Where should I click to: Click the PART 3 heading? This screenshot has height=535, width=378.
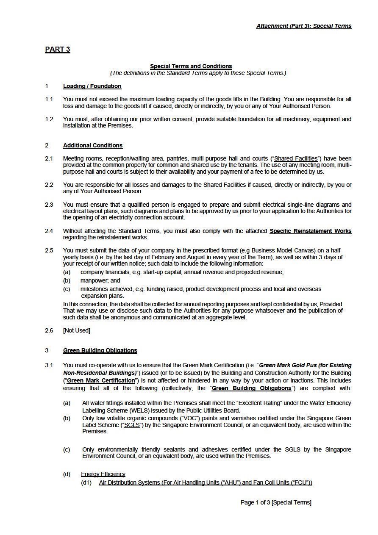coord(57,50)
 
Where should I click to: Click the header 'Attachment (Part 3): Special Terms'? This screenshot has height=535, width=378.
coord(303,26)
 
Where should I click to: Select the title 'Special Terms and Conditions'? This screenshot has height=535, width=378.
coord(191,66)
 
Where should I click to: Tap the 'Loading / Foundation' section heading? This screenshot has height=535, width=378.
coord(92,86)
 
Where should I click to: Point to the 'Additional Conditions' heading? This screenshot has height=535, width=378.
coord(92,146)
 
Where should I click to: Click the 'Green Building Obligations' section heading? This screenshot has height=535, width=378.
coord(100,351)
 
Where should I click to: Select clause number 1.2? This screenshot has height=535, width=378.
coord(49,119)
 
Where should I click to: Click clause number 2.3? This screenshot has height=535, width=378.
coord(49,205)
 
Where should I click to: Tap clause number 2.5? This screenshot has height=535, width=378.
coord(49,251)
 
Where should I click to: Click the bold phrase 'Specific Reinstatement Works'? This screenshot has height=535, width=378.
coord(310,231)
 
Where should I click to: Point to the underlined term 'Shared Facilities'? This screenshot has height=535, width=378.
coord(296,159)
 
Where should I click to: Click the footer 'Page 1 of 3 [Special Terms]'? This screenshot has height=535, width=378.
coord(276,503)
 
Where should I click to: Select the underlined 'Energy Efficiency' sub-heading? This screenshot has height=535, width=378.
coord(103,474)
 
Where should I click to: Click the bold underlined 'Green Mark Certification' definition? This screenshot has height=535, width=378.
coord(101,381)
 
